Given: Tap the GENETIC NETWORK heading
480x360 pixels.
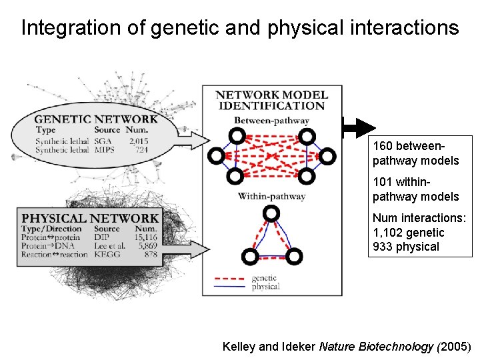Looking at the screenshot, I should pyautogui.click(x=96, y=119).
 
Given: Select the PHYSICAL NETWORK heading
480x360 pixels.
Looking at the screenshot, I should pyautogui.click(x=91, y=218).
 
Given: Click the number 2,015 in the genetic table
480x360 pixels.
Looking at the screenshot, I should pyautogui.click(x=139, y=141).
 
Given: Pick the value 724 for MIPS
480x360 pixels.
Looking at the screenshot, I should pyautogui.click(x=141, y=150).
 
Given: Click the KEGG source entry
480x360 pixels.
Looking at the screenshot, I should pyautogui.click(x=107, y=254).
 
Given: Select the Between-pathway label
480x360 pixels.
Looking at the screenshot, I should pyautogui.click(x=271, y=121).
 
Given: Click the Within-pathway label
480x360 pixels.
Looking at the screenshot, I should pyautogui.click(x=271, y=196).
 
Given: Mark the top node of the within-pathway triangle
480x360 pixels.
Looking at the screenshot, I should pyautogui.click(x=271, y=213).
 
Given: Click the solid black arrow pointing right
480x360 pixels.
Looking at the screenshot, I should pyautogui.click(x=360, y=127).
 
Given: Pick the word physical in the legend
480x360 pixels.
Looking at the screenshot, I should pyautogui.click(x=266, y=287).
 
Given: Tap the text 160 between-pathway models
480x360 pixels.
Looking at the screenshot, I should pyautogui.click(x=415, y=153).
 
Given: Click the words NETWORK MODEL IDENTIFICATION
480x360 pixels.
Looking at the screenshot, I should pyautogui.click(x=271, y=100).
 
